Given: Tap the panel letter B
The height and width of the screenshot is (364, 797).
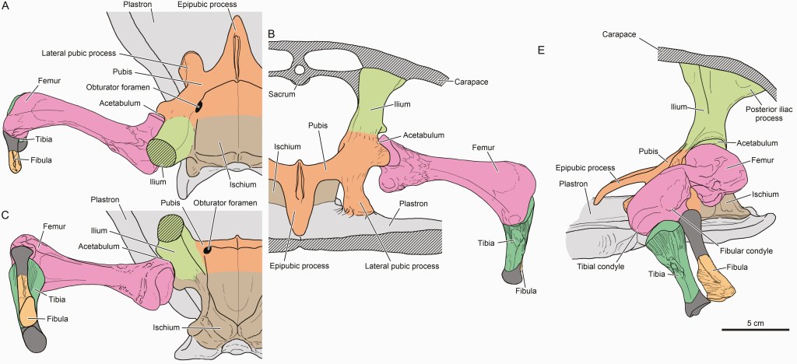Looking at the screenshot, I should [271, 34].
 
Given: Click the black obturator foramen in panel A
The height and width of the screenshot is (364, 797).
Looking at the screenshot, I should [198, 107].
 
